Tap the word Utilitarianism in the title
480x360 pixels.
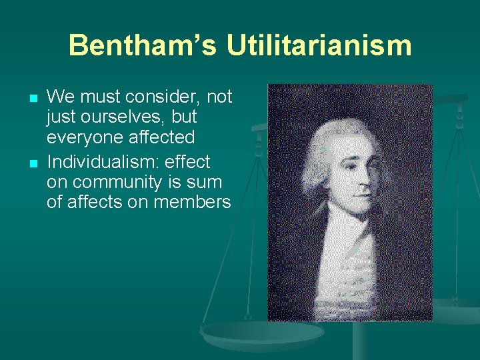[x=319, y=46]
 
